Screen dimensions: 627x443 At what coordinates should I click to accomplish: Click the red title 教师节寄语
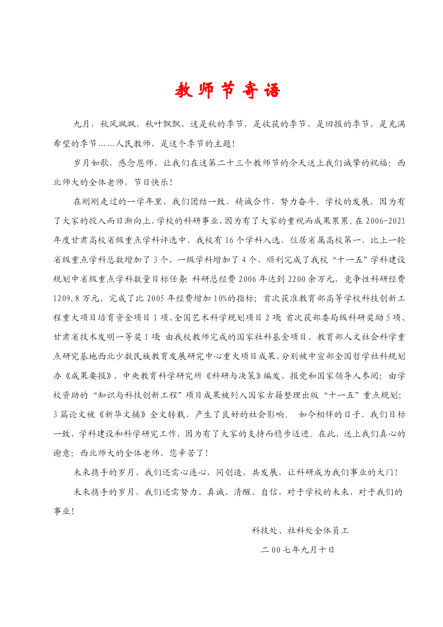[227, 90]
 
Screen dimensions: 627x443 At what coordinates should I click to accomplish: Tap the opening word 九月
[82, 124]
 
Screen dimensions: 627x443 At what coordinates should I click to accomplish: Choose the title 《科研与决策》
[233, 376]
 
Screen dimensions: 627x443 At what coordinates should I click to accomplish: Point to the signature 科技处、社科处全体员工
[300, 531]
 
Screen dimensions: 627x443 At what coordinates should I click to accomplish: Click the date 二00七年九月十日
[297, 550]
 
